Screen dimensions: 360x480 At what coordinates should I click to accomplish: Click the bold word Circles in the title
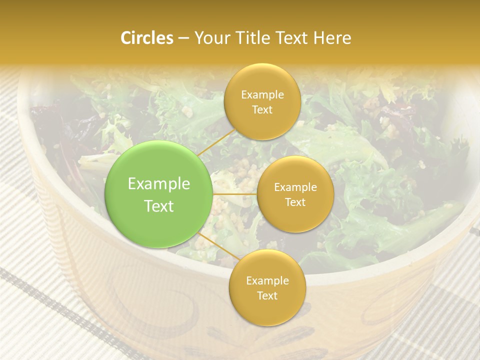pos(146,38)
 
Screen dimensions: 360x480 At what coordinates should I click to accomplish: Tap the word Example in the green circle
pos(159,184)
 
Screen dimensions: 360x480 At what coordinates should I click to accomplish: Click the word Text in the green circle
pos(159,206)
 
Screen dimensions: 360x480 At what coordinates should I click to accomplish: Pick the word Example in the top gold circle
pos(262,95)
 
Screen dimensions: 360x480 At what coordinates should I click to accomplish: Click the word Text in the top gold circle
pos(262,109)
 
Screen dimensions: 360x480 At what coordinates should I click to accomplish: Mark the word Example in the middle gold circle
pos(295,187)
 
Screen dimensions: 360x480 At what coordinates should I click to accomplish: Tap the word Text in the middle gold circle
pos(295,202)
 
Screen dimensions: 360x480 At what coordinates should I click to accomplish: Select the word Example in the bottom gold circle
pos(267,281)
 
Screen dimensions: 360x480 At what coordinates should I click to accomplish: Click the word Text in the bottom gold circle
pos(267,295)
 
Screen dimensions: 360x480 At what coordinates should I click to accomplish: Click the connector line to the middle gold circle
pos(235,193)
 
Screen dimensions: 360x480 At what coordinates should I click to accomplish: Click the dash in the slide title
pos(183,38)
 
